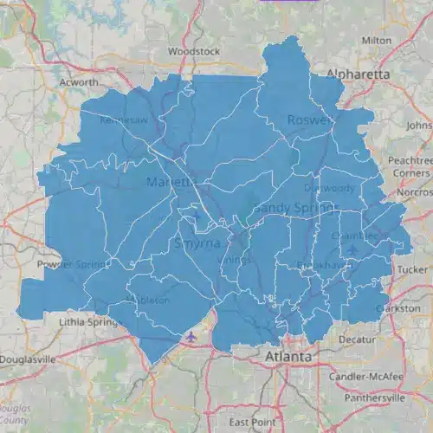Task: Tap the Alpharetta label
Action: pos(358,74)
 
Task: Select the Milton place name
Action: pos(376,41)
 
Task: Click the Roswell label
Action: pos(309,120)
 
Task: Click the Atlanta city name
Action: pos(289,356)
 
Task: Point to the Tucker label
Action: pos(412,269)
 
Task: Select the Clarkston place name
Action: pos(397,308)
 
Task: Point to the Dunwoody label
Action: pos(329,188)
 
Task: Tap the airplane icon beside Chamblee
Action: pos(353,250)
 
